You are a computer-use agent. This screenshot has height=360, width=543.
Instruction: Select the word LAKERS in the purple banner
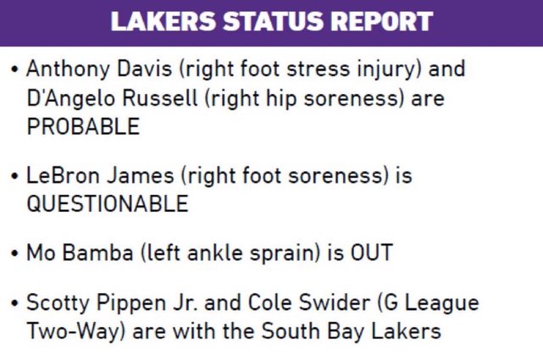tap(163, 21)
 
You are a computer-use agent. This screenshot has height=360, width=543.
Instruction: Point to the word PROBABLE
tap(83, 126)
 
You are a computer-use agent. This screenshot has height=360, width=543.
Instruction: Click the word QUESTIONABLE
tap(108, 203)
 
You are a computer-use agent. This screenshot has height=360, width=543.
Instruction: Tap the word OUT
tap(372, 252)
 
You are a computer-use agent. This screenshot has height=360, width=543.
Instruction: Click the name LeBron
tap(64, 175)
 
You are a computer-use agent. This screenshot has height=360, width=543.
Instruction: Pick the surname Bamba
tap(98, 252)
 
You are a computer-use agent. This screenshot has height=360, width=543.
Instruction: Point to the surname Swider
tap(335, 302)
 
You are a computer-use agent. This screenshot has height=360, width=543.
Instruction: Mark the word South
tap(291, 331)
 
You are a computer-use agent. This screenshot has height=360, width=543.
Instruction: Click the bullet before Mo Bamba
tap(14, 253)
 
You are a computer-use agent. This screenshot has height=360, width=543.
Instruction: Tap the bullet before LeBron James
tap(14, 176)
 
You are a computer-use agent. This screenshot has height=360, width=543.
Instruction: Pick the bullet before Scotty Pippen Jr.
tap(14, 303)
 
